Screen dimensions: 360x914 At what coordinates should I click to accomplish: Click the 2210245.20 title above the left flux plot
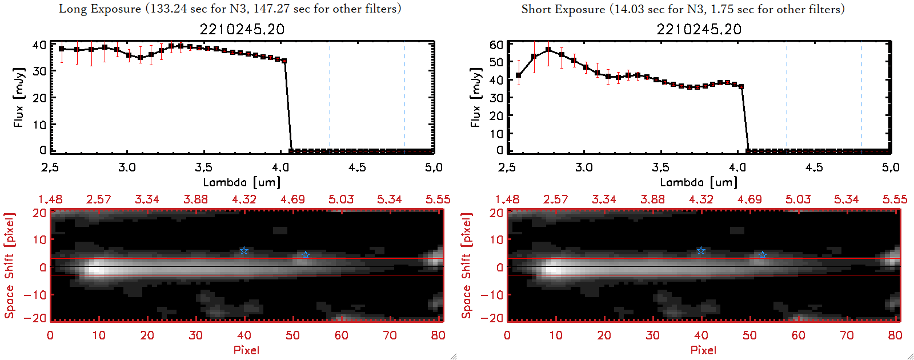pyautogui.click(x=242, y=29)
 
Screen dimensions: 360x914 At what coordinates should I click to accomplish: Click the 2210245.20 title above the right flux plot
pyautogui.click(x=699, y=29)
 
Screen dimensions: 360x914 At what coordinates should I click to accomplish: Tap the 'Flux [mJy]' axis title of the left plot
pyautogui.click(x=19, y=97)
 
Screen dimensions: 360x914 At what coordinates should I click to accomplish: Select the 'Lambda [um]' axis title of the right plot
pyautogui.click(x=698, y=182)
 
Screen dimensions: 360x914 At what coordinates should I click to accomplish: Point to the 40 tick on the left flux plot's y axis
pyautogui.click(x=39, y=45)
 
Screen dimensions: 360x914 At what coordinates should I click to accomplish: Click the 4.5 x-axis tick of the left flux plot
pyautogui.click(x=357, y=167)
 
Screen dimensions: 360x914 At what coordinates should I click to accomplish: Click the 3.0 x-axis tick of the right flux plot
pyautogui.click(x=584, y=167)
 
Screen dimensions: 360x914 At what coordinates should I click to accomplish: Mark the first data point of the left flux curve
pyautogui.click(x=62, y=49)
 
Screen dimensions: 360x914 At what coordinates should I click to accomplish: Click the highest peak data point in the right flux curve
pyautogui.click(x=548, y=50)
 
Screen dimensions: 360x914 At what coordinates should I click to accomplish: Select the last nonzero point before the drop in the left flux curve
pyautogui.click(x=284, y=61)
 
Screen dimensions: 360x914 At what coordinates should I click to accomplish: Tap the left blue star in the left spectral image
pyautogui.click(x=244, y=251)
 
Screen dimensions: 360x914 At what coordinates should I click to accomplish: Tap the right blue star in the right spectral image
pyautogui.click(x=762, y=255)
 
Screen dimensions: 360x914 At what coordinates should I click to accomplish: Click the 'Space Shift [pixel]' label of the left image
pyautogui.click(x=9, y=266)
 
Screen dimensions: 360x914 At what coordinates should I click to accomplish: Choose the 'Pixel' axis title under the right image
pyautogui.click(x=703, y=350)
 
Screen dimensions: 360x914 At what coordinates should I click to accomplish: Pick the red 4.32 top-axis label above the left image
pyautogui.click(x=244, y=199)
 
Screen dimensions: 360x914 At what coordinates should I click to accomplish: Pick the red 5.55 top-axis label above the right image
pyautogui.click(x=895, y=199)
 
